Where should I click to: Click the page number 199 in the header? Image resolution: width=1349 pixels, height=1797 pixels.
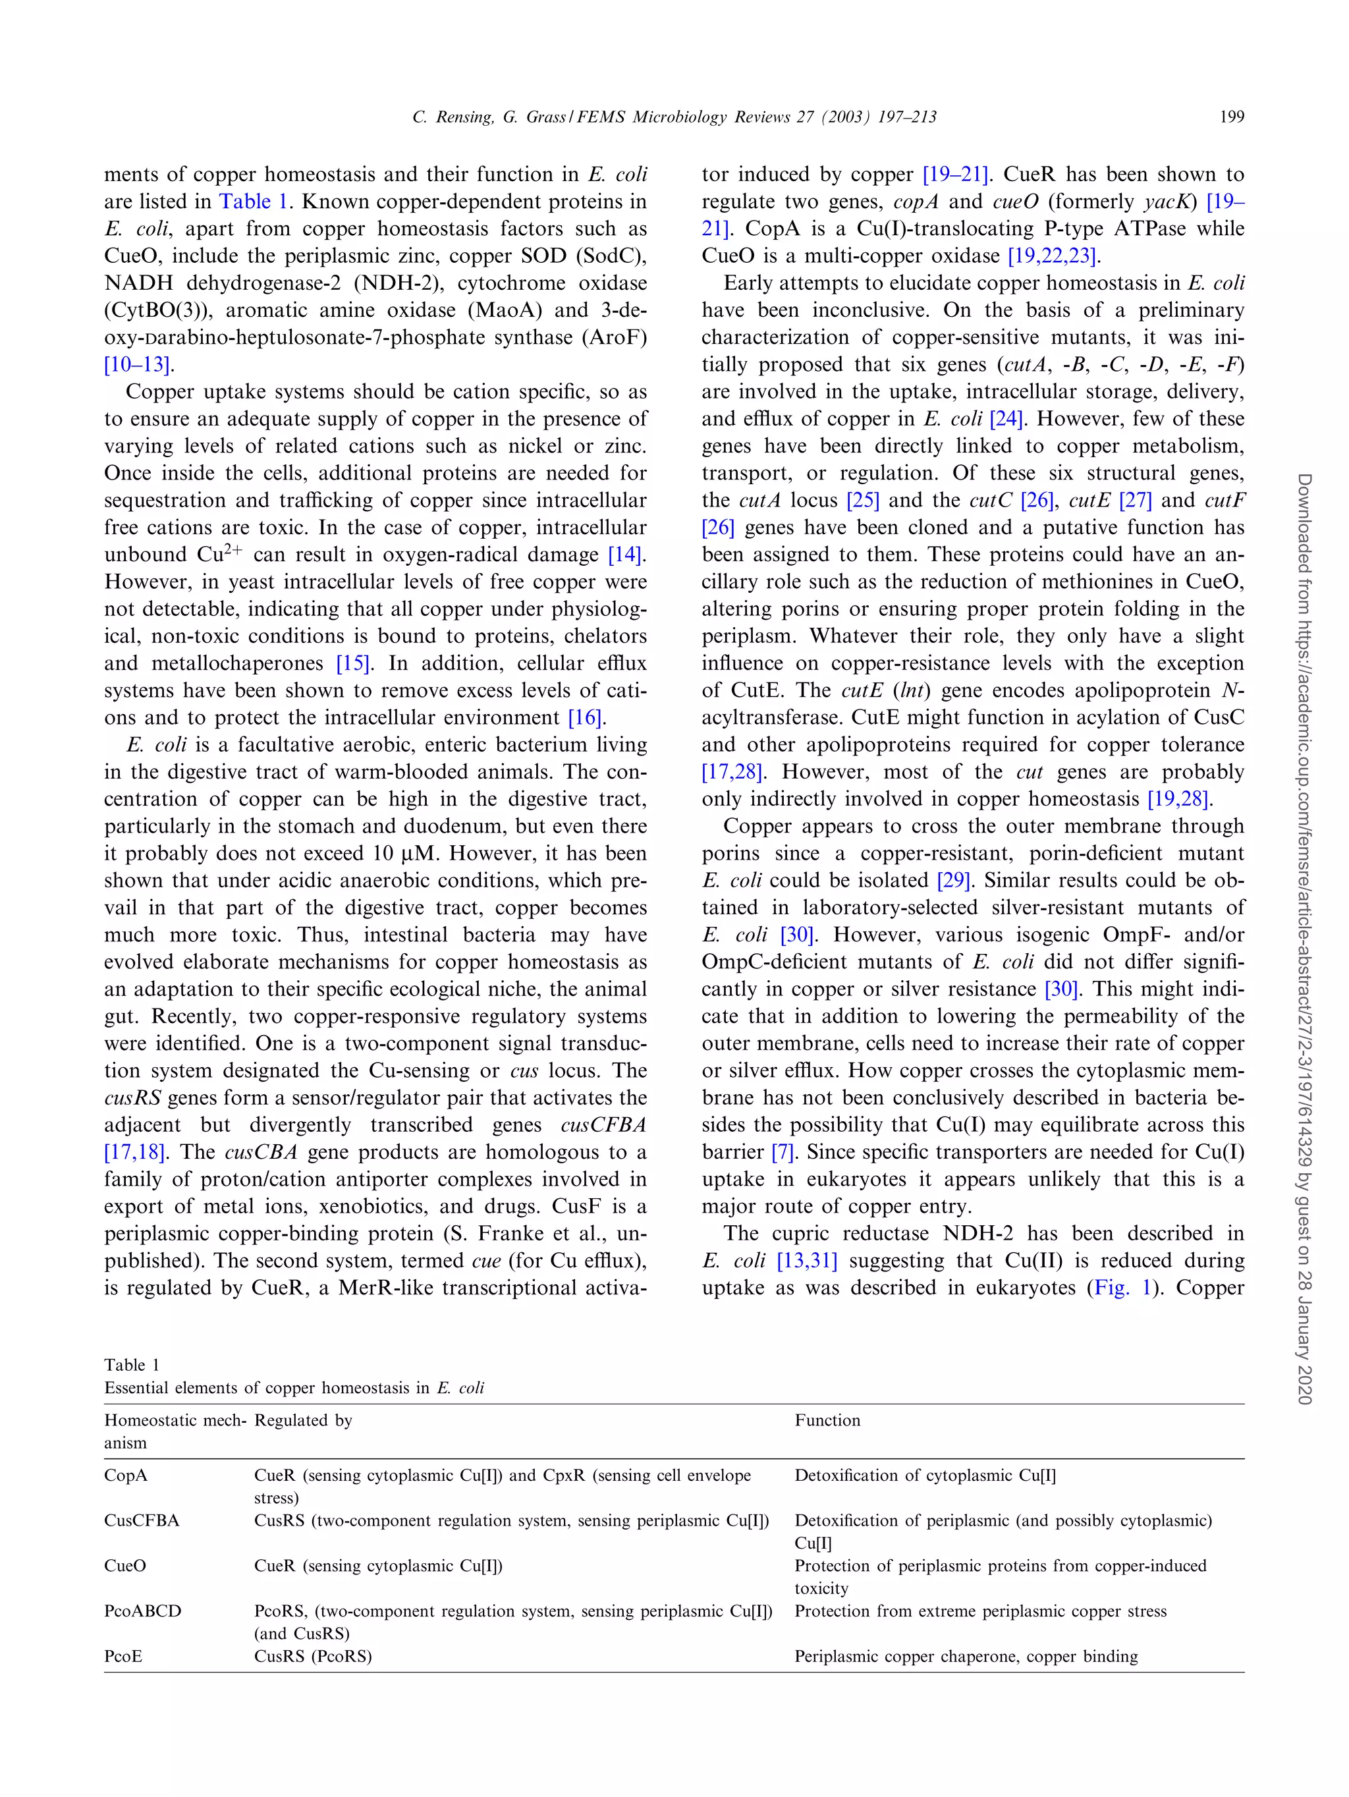(x=1231, y=117)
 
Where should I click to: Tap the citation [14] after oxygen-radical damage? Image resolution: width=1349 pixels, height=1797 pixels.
(x=626, y=555)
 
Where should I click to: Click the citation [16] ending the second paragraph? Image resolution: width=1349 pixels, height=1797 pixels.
(x=586, y=718)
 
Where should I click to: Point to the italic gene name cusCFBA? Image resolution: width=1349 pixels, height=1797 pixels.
(x=603, y=1125)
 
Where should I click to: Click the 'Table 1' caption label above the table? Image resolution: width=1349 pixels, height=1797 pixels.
(x=132, y=1365)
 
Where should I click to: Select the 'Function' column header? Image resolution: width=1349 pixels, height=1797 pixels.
(x=827, y=1420)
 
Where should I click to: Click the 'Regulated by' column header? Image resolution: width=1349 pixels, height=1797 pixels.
(x=303, y=1420)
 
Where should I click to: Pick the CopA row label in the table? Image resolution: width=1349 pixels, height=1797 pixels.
(x=126, y=1476)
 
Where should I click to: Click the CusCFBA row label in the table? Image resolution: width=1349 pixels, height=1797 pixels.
(x=142, y=1521)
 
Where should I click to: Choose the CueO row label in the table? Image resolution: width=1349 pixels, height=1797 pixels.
(x=125, y=1566)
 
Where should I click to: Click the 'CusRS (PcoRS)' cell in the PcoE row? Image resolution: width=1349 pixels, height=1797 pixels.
(x=313, y=1657)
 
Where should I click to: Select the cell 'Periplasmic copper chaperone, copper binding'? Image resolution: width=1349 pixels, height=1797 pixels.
(x=966, y=1657)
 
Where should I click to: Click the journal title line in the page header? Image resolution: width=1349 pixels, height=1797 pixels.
(x=674, y=117)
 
